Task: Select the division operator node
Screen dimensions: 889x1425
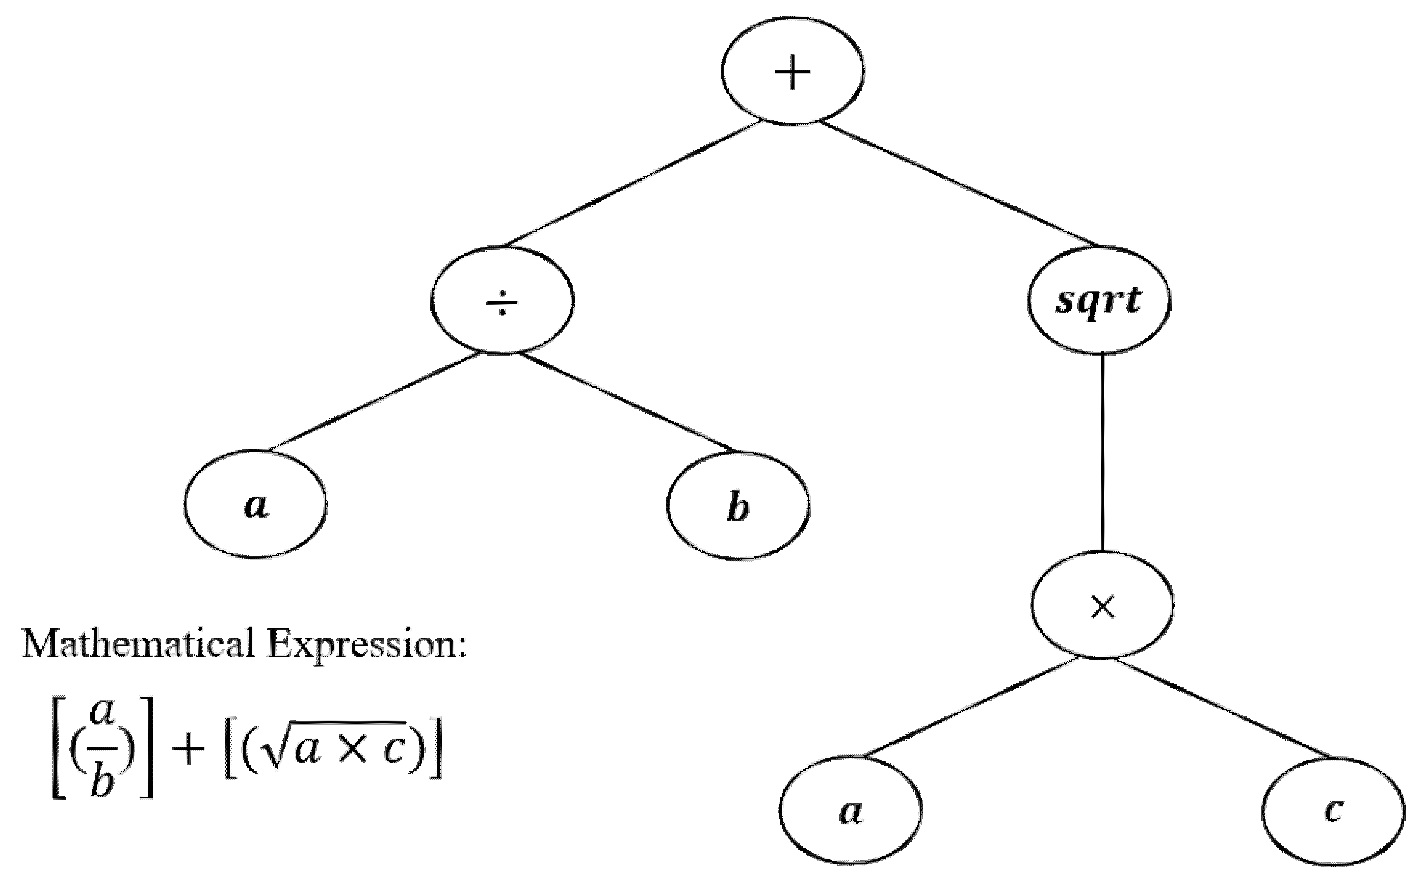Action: [x=502, y=301]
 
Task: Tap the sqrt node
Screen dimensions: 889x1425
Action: [x=1099, y=301]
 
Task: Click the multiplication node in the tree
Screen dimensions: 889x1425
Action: [x=1102, y=606]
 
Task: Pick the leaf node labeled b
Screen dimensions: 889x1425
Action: [x=738, y=506]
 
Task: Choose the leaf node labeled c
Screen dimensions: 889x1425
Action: [x=1333, y=812]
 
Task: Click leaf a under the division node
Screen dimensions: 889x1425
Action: [x=255, y=504]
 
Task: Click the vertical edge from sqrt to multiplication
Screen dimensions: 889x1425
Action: [x=1101, y=453]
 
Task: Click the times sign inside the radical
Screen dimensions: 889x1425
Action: [x=353, y=751]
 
